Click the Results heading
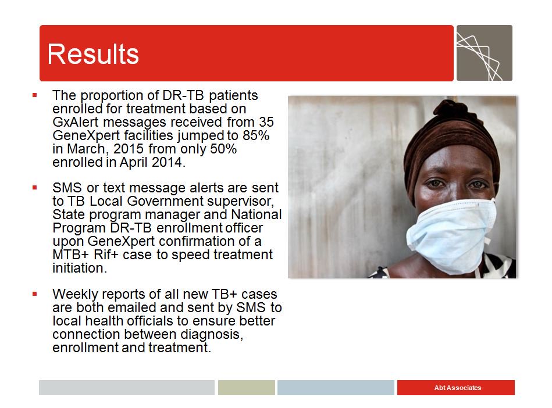[x=93, y=54]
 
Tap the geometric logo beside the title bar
[x=484, y=53]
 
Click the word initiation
[x=79, y=269]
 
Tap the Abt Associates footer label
[x=457, y=388]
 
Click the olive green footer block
[x=246, y=388]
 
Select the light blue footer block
[x=336, y=388]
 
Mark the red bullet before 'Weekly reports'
[x=35, y=294]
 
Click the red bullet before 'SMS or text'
[x=35, y=187]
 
